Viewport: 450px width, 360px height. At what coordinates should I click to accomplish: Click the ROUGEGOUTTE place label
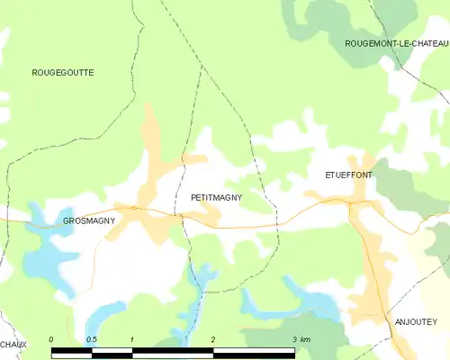click(x=63, y=72)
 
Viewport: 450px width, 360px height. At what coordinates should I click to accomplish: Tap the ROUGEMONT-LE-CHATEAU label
click(x=396, y=43)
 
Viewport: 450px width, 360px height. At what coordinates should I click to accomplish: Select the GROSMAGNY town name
click(x=87, y=220)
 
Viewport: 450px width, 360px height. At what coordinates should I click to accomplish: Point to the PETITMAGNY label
click(x=216, y=196)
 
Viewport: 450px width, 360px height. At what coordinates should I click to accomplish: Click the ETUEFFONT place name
click(x=348, y=175)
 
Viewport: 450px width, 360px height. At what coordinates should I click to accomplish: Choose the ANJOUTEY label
click(x=415, y=320)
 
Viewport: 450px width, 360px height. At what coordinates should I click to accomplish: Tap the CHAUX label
click(x=13, y=344)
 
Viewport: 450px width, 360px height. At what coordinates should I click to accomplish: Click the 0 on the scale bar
click(x=52, y=339)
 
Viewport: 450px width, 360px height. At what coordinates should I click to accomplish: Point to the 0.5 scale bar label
click(x=91, y=339)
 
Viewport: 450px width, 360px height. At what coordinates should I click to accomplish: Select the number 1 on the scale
click(x=132, y=339)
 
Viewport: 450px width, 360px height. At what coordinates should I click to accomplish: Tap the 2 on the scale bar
click(x=213, y=339)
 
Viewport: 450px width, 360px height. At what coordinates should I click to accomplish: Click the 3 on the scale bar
click(x=294, y=339)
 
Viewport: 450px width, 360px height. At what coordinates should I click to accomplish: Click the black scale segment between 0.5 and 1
click(x=112, y=348)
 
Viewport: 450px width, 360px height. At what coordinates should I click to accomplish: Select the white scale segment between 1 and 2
click(x=173, y=348)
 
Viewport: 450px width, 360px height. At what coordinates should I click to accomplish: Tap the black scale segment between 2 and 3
click(x=254, y=348)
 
